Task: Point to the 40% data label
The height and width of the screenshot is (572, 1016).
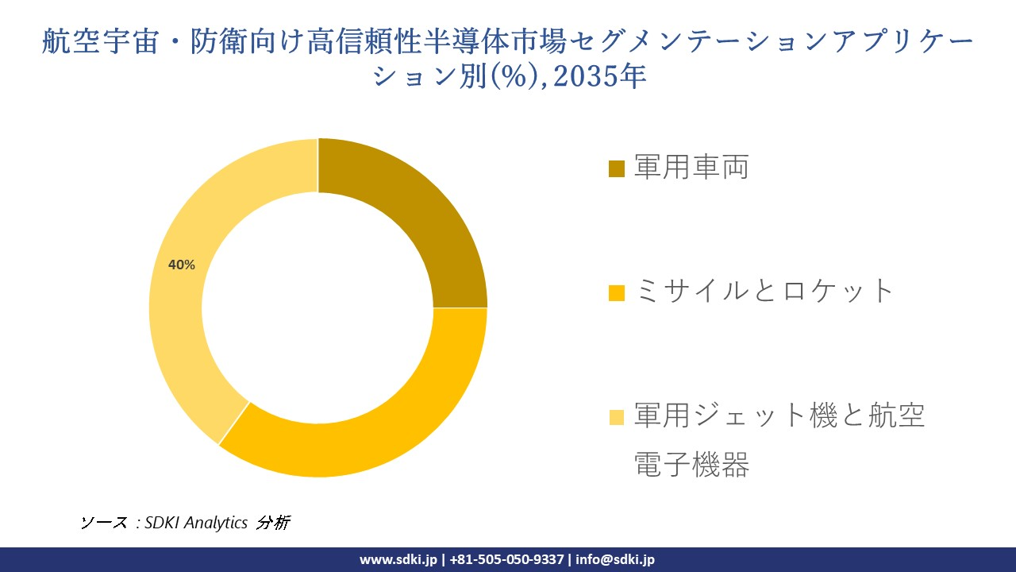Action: [x=182, y=265]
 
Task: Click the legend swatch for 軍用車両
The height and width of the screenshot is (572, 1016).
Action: [x=617, y=168]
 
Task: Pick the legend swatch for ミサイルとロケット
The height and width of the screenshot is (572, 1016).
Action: [x=617, y=292]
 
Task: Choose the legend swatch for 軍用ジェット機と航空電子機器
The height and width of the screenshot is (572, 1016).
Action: [x=617, y=416]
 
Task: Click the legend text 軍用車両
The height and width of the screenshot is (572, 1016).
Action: [x=691, y=168]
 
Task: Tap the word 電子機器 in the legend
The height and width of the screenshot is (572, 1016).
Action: [x=691, y=466]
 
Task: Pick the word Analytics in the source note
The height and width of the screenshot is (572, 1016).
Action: [x=217, y=523]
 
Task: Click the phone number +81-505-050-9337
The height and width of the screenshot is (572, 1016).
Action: [x=506, y=559]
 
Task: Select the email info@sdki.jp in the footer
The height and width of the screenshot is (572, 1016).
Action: [x=615, y=559]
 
